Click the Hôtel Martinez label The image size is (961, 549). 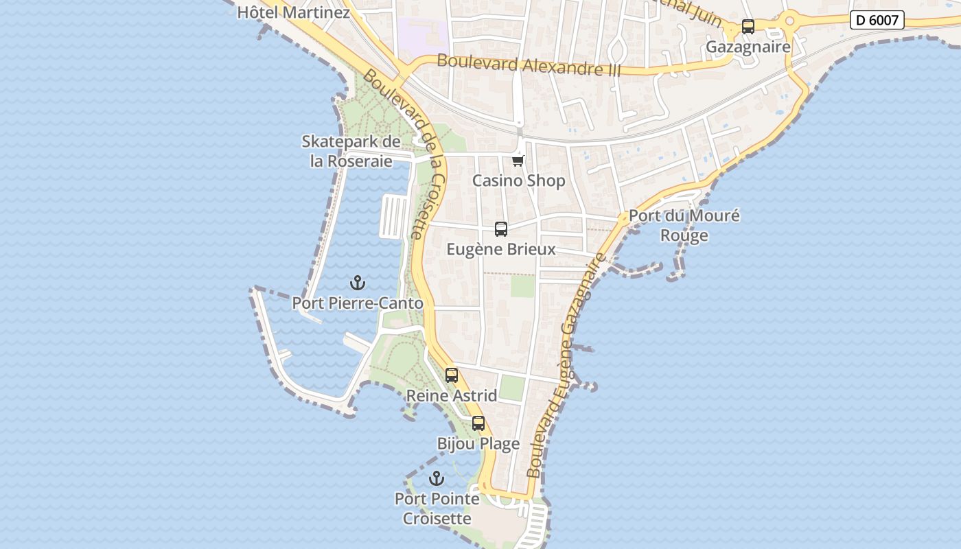click(293, 12)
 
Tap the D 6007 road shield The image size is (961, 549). click(877, 20)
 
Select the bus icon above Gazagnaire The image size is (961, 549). click(748, 27)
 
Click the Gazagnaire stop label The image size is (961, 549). click(748, 47)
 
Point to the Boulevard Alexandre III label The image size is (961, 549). click(529, 65)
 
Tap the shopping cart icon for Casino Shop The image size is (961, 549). click(518, 161)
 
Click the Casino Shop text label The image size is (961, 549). click(518, 180)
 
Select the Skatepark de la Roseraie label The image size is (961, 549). click(351, 151)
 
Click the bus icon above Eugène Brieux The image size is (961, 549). click(501, 229)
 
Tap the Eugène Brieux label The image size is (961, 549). click(501, 249)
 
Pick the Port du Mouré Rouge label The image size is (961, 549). click(684, 225)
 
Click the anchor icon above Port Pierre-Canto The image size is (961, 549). click(357, 283)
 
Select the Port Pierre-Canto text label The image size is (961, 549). click(357, 303)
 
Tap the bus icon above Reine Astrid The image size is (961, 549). click(452, 375)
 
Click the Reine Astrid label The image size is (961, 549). click(452, 395)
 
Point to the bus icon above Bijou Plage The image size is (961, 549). click(478, 423)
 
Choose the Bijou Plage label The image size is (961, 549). click(478, 443)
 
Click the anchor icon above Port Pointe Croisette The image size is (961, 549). click(437, 478)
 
